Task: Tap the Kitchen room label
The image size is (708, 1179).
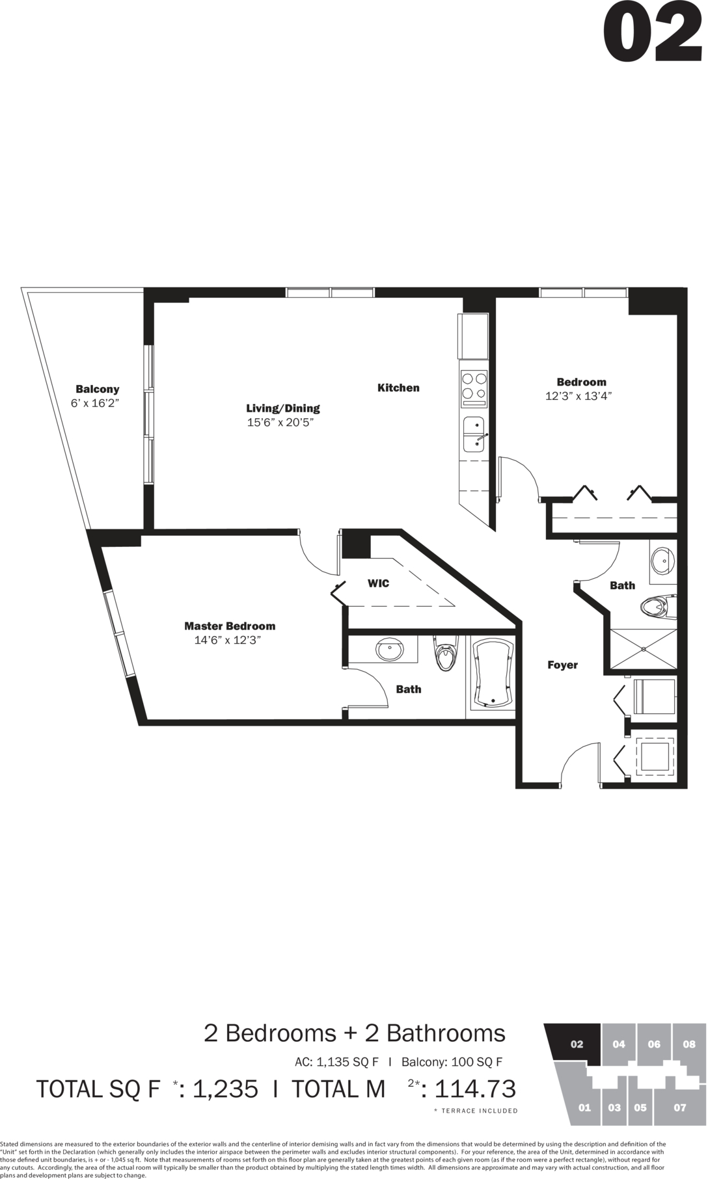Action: click(398, 388)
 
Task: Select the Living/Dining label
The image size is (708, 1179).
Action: click(283, 408)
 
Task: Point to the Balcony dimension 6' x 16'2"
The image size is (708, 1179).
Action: click(95, 403)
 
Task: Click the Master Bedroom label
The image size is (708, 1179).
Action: click(230, 626)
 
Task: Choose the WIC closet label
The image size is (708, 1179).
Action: click(378, 583)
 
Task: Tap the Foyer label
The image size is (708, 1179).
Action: click(562, 665)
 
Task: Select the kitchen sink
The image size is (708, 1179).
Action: click(473, 434)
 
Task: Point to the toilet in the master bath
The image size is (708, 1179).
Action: click(446, 655)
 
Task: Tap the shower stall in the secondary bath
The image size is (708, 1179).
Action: click(643, 649)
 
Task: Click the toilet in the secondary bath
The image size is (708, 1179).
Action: click(657, 607)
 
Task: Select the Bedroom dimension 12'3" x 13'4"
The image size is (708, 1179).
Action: click(579, 396)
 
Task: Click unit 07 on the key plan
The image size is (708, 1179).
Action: click(679, 1107)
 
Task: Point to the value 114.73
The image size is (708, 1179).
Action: click(475, 1089)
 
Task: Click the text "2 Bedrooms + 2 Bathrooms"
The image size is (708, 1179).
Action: click(355, 1033)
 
